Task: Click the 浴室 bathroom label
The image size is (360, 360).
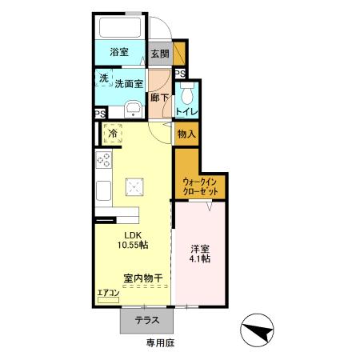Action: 120,52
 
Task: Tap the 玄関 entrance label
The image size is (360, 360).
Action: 160,54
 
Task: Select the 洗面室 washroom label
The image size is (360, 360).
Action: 128,82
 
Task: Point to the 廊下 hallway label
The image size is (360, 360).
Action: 160,98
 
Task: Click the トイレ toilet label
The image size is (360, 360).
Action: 186,111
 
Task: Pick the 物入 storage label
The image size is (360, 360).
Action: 186,134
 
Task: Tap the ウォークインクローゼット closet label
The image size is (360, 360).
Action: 199,187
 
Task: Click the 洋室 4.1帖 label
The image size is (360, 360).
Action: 200,253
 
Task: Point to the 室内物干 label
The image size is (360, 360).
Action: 143,278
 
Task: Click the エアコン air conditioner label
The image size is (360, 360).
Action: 108,293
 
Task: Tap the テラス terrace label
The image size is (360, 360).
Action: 146,321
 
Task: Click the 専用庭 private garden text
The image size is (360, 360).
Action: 160,344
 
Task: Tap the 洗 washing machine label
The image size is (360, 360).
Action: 103,78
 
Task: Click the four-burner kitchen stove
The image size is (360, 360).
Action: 104,160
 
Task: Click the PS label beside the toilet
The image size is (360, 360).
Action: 181,74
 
